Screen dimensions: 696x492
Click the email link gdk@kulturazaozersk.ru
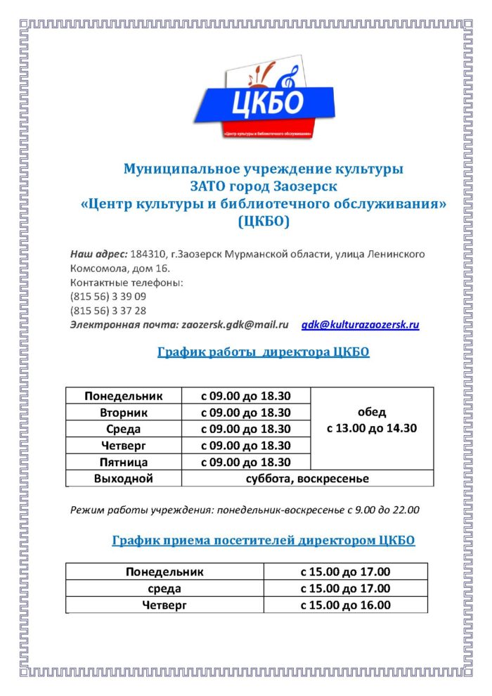pyautogui.click(x=360, y=325)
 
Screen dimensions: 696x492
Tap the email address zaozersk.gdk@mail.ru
pyautogui.click(x=235, y=325)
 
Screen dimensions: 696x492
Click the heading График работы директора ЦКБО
pyautogui.click(x=264, y=352)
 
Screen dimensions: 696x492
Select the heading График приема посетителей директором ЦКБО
pyautogui.click(x=264, y=540)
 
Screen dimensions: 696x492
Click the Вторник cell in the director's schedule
pyautogui.click(x=124, y=413)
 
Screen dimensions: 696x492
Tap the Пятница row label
pyautogui.click(x=124, y=462)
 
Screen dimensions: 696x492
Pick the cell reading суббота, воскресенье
pyautogui.click(x=308, y=479)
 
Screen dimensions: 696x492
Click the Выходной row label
pyautogui.click(x=124, y=479)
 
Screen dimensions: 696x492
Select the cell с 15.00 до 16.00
pyautogui.click(x=345, y=605)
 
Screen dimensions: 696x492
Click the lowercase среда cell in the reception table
pyautogui.click(x=164, y=588)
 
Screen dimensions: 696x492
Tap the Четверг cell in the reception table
pyautogui.click(x=164, y=605)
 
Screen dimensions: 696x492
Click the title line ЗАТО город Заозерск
pyautogui.click(x=264, y=187)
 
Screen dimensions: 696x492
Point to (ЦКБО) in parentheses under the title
pyautogui.click(x=264, y=222)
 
